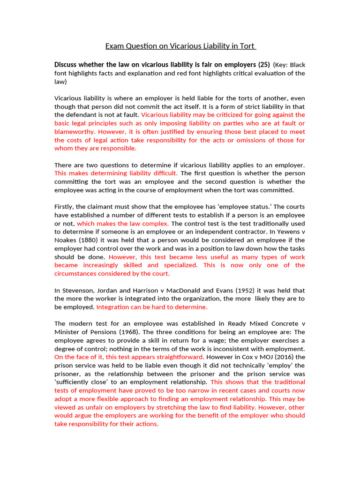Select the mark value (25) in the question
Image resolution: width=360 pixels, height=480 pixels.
[263, 64]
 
